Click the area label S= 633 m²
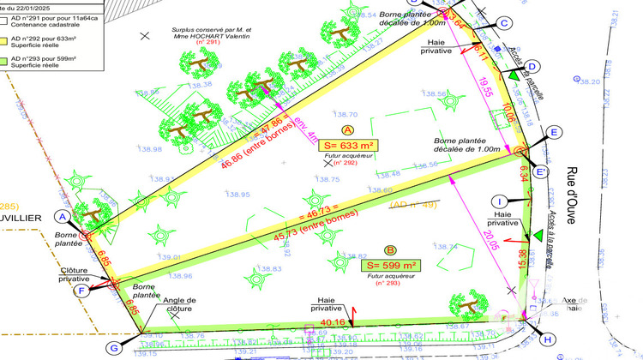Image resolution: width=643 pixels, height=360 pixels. coord(349,145)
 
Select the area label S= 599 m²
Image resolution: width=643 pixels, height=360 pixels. coord(391,265)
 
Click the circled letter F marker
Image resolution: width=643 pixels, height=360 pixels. coord(82,290)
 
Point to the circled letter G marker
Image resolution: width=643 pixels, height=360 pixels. coord(113,347)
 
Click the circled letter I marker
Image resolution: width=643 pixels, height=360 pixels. coord(497,202)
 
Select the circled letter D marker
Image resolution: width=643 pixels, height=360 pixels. coord(532,67)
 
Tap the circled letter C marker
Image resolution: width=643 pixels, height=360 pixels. coord(504,23)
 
